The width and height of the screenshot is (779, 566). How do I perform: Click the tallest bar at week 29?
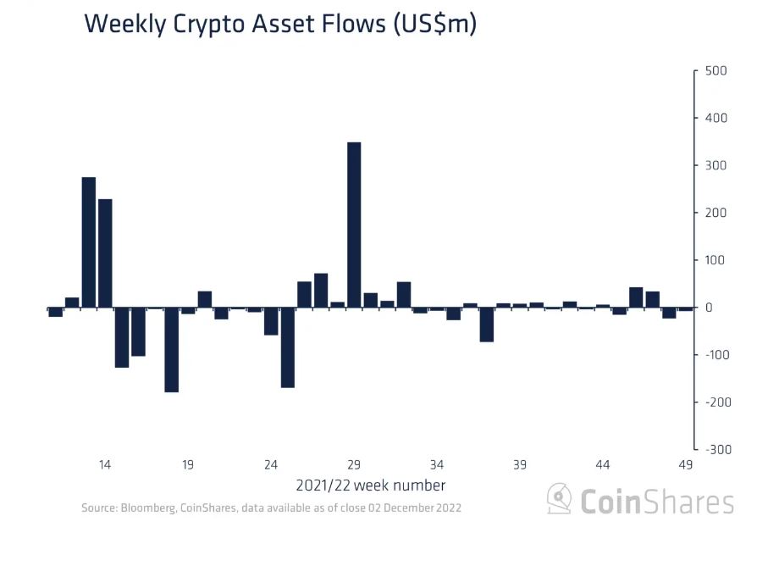pos(354,225)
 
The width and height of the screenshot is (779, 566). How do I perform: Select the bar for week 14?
pos(105,252)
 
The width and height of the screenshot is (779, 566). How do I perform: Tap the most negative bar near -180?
pos(171,349)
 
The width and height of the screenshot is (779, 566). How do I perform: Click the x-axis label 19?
pos(188,464)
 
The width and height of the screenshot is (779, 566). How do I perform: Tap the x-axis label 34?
pos(437,464)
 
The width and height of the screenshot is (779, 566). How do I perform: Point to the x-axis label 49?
pos(686,464)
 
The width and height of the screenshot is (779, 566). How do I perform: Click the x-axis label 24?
pos(271,464)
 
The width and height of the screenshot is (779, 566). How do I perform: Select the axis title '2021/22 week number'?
pos(370,486)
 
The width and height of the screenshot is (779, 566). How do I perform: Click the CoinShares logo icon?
pos(559,499)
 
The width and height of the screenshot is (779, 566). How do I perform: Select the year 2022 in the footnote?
pos(446,508)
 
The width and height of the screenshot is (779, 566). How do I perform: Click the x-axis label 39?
pos(520,464)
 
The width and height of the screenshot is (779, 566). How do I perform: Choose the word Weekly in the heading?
pos(124,25)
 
